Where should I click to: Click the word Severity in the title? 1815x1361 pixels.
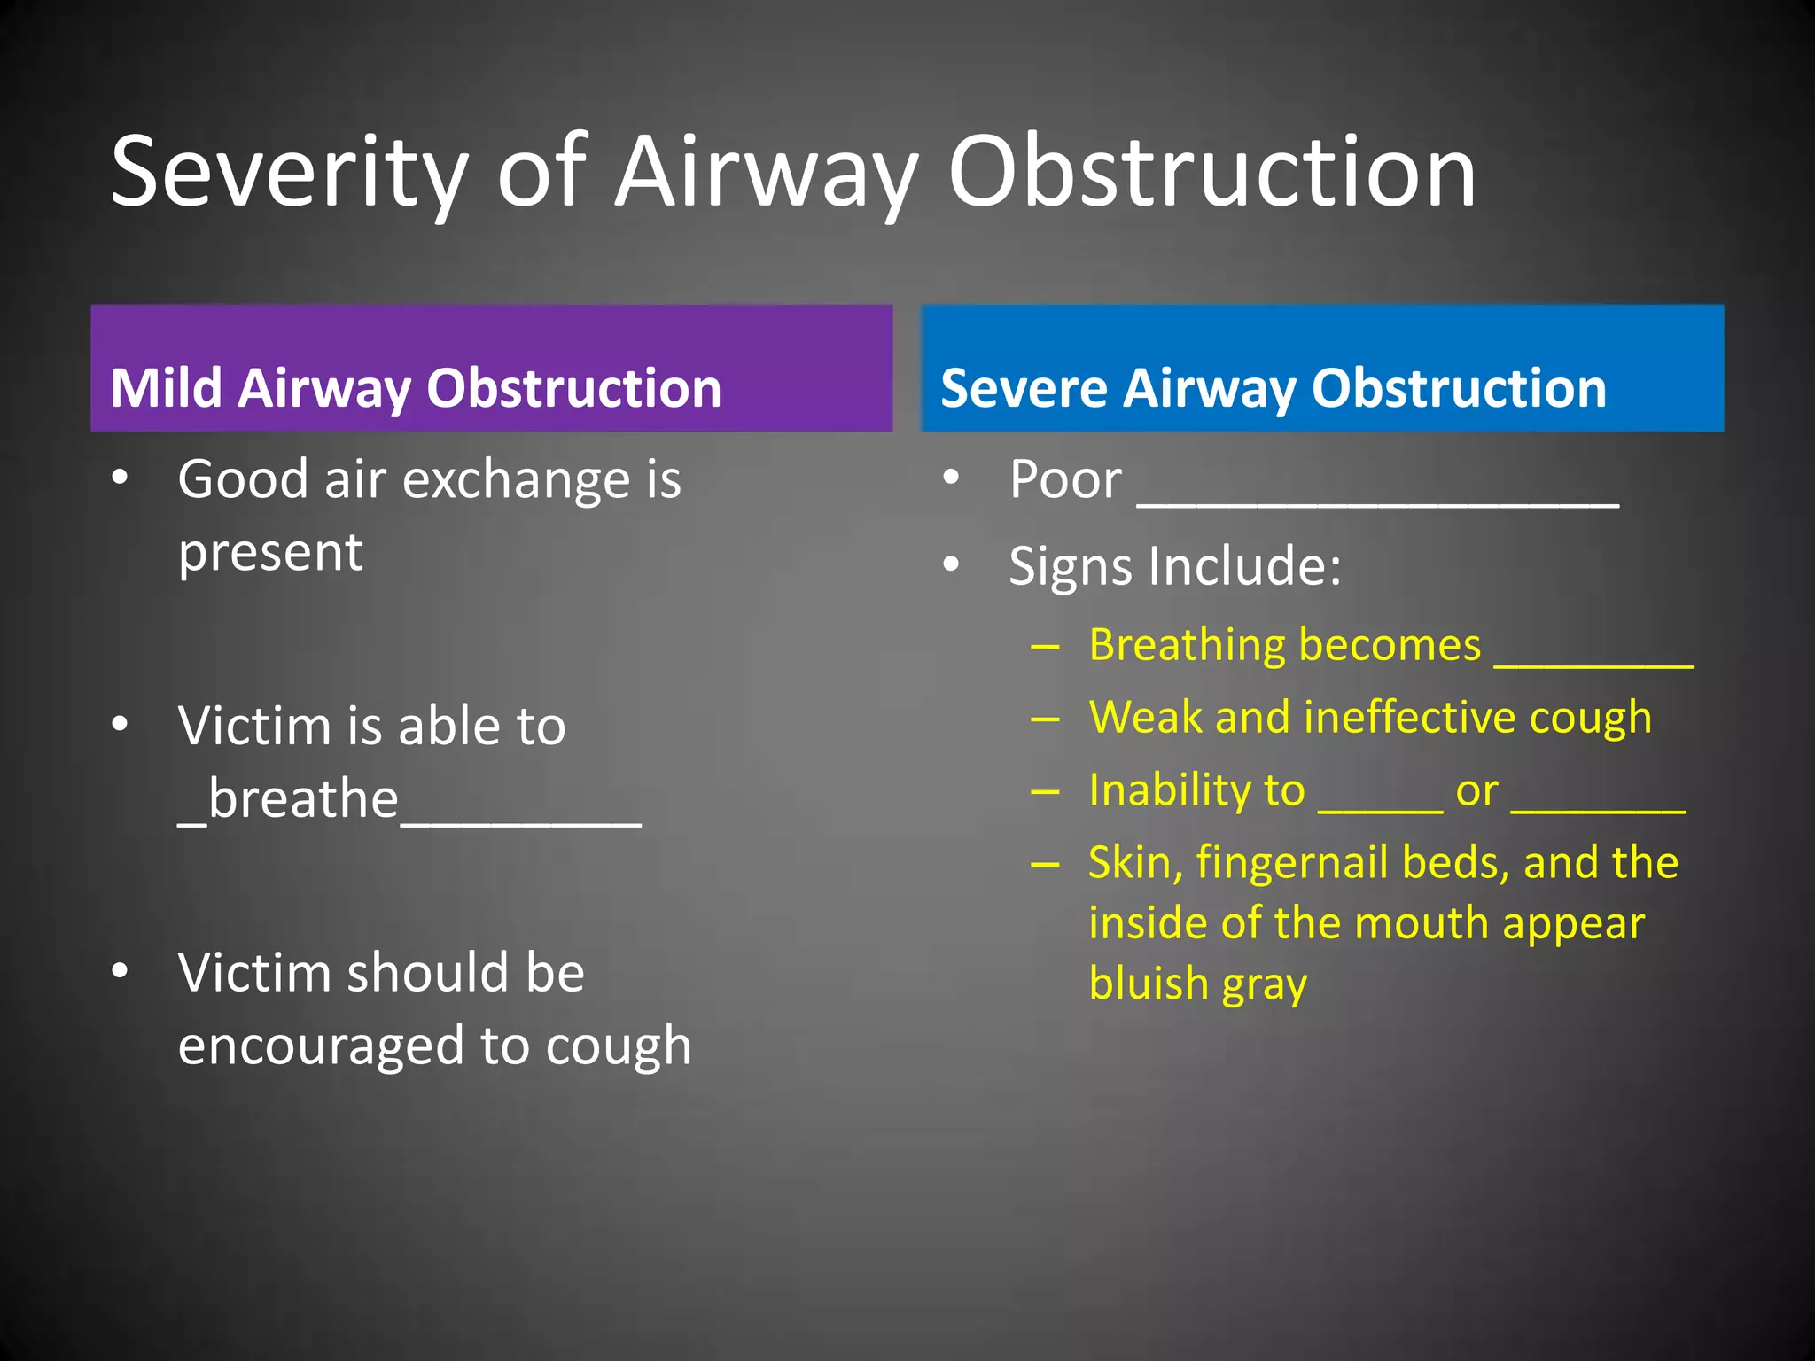289,174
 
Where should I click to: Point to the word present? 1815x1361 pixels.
270,553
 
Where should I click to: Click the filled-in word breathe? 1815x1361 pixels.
303,799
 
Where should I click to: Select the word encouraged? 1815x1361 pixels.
321,1046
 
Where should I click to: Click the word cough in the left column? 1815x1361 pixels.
618,1046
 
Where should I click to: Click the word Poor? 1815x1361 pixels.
1065,479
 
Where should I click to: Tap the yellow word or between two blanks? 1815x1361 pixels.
1476,791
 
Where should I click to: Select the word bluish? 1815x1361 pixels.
1149,984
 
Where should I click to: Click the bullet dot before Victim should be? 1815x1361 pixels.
121,970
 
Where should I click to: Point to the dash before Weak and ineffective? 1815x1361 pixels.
1046,719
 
